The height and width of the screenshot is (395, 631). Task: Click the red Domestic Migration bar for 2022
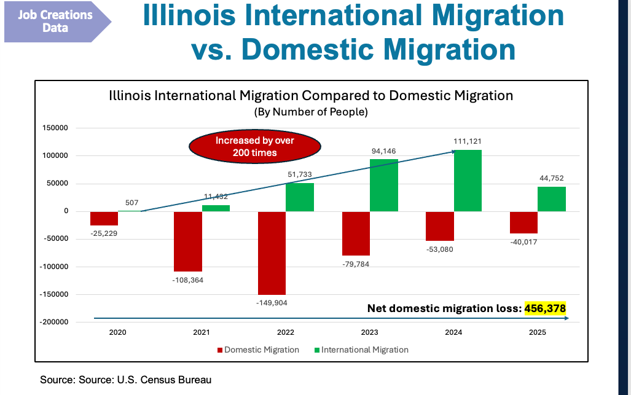[x=272, y=252]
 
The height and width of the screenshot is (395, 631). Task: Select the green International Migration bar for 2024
[x=468, y=181]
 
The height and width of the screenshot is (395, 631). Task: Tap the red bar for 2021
[x=188, y=241]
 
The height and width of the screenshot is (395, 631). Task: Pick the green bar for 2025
[x=552, y=199]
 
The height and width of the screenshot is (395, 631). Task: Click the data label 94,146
[x=384, y=151]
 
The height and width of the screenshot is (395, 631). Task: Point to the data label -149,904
[x=272, y=302]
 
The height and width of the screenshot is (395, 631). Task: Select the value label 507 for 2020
[x=131, y=203]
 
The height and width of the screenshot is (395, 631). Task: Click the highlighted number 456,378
[x=544, y=308]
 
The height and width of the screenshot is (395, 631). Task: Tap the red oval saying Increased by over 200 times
[x=254, y=146]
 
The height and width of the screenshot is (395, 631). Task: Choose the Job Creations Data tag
[x=55, y=21]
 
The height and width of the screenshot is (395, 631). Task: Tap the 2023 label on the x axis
[x=370, y=332]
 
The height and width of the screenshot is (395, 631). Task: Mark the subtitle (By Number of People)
[x=310, y=112]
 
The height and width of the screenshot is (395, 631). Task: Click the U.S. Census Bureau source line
[x=125, y=380]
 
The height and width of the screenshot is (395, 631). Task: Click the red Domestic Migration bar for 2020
[x=104, y=218]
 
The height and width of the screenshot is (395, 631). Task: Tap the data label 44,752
[x=552, y=178]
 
